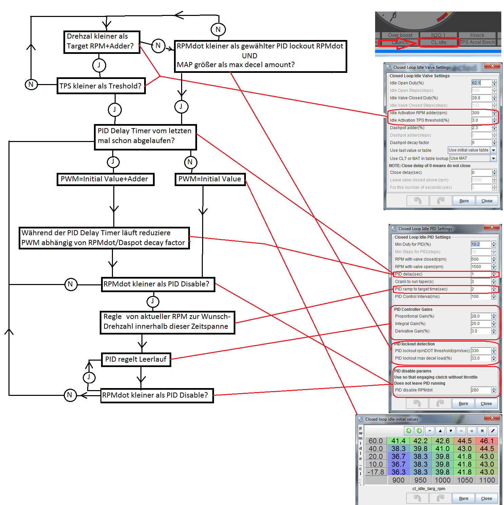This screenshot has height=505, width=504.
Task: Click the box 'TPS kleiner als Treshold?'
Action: (101, 86)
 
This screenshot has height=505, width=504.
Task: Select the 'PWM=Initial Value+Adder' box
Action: (105, 179)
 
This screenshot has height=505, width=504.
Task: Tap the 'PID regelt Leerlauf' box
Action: (136, 359)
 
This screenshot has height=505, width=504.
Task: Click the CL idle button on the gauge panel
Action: (439, 42)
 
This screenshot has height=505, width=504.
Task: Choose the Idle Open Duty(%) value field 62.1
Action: (481, 83)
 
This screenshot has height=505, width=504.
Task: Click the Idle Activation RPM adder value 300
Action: (481, 113)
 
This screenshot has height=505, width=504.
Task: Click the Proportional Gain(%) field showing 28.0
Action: (480, 316)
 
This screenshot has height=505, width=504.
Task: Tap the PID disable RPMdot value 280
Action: (480, 390)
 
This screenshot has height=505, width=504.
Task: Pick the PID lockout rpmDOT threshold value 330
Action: (480, 351)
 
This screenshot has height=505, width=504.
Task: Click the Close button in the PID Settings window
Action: (486, 404)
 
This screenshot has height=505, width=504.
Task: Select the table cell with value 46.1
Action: (487, 441)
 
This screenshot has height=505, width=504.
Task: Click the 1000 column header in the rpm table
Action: (443, 480)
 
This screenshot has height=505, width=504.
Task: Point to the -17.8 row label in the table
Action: (376, 472)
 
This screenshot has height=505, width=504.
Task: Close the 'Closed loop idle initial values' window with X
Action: (492, 418)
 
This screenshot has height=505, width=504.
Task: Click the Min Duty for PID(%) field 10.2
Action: (480, 244)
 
